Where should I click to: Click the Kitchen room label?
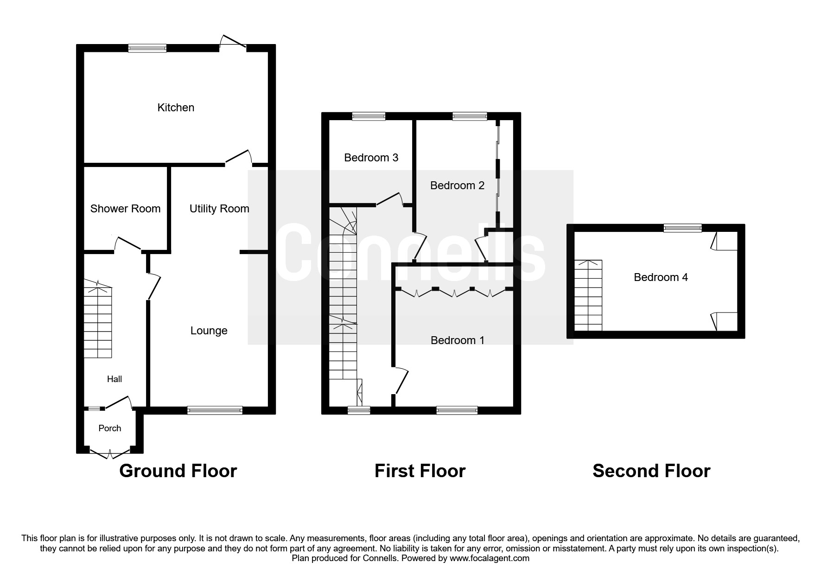point(176,108)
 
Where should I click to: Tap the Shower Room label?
point(125,209)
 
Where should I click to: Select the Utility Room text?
point(219,209)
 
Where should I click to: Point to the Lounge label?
point(209,331)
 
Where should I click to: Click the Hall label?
point(115,379)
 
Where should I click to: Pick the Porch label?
point(110,428)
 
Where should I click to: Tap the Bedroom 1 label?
point(458,340)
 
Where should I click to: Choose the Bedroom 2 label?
point(457,185)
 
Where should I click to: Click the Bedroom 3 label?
point(371,158)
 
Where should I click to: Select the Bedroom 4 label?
point(661,277)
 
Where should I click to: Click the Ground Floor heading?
point(178,471)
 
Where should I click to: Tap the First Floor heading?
point(420,471)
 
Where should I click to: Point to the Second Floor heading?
point(651,471)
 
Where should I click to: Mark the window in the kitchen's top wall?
point(147,48)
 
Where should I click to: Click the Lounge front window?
point(215,410)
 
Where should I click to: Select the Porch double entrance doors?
point(110,453)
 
